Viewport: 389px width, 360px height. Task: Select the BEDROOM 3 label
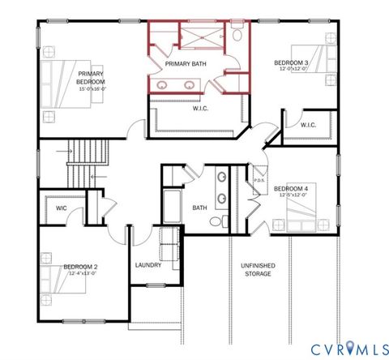tap(290, 62)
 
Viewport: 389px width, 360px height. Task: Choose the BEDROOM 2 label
tap(80, 267)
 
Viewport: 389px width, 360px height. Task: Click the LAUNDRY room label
tap(147, 265)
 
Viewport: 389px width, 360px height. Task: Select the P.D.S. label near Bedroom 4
tap(260, 181)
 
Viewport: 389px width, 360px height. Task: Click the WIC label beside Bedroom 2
tap(61, 208)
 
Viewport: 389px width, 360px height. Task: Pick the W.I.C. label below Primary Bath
tap(202, 108)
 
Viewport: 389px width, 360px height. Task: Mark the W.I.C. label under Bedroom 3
tap(308, 125)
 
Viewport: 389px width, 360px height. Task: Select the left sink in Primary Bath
tap(165, 84)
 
